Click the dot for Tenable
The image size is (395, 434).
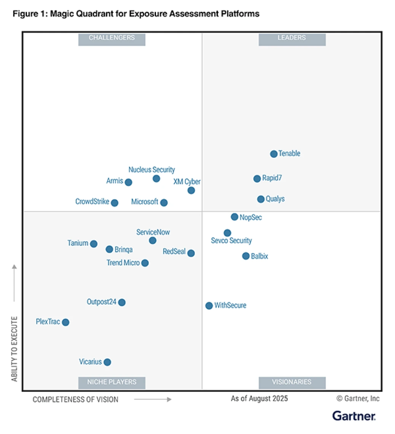(x=274, y=154)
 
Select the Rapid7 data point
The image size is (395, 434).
(x=257, y=179)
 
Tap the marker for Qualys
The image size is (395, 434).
(x=261, y=199)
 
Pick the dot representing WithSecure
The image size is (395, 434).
(x=209, y=306)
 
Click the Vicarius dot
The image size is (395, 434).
(x=107, y=362)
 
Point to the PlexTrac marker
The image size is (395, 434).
(x=65, y=322)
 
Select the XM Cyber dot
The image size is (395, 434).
(x=191, y=190)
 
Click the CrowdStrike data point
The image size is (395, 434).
(x=115, y=203)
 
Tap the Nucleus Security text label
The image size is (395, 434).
(x=151, y=170)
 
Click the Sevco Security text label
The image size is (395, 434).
(x=231, y=241)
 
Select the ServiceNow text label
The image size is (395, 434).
(x=153, y=232)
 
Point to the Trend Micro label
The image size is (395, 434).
(x=123, y=263)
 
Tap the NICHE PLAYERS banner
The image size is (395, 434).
(x=111, y=382)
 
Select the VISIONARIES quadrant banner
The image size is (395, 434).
(x=292, y=382)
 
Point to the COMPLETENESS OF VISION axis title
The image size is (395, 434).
(x=75, y=399)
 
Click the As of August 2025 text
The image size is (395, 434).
(x=259, y=399)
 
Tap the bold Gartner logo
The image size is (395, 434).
(x=354, y=416)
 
